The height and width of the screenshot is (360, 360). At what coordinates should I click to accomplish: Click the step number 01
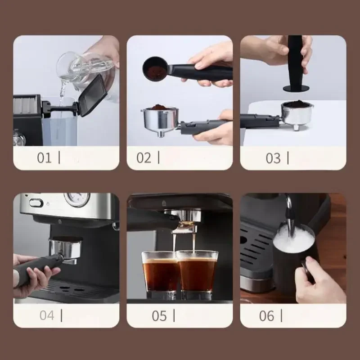tap(44, 158)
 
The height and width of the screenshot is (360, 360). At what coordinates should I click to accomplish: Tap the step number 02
tap(144, 158)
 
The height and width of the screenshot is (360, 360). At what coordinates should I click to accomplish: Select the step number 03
tap(273, 158)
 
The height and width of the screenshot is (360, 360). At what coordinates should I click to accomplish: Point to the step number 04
tap(47, 315)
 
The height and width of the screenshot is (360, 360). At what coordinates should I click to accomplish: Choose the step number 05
tap(159, 316)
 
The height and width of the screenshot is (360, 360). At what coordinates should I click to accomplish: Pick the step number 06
tap(266, 316)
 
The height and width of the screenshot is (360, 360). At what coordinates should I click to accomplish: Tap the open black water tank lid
tap(93, 95)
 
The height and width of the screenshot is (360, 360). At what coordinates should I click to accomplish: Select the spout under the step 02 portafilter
tap(161, 134)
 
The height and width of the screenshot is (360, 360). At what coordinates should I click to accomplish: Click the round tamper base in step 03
tap(296, 88)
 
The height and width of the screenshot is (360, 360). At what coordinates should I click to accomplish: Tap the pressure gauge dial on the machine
tap(77, 199)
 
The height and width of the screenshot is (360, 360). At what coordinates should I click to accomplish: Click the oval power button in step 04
tap(36, 203)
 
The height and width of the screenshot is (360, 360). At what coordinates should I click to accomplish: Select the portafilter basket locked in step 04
tap(66, 249)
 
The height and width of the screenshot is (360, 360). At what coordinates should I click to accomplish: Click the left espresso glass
tap(160, 274)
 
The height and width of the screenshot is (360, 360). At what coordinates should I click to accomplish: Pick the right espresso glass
tap(197, 274)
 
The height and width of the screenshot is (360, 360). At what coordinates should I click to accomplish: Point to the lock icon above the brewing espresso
tap(164, 203)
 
